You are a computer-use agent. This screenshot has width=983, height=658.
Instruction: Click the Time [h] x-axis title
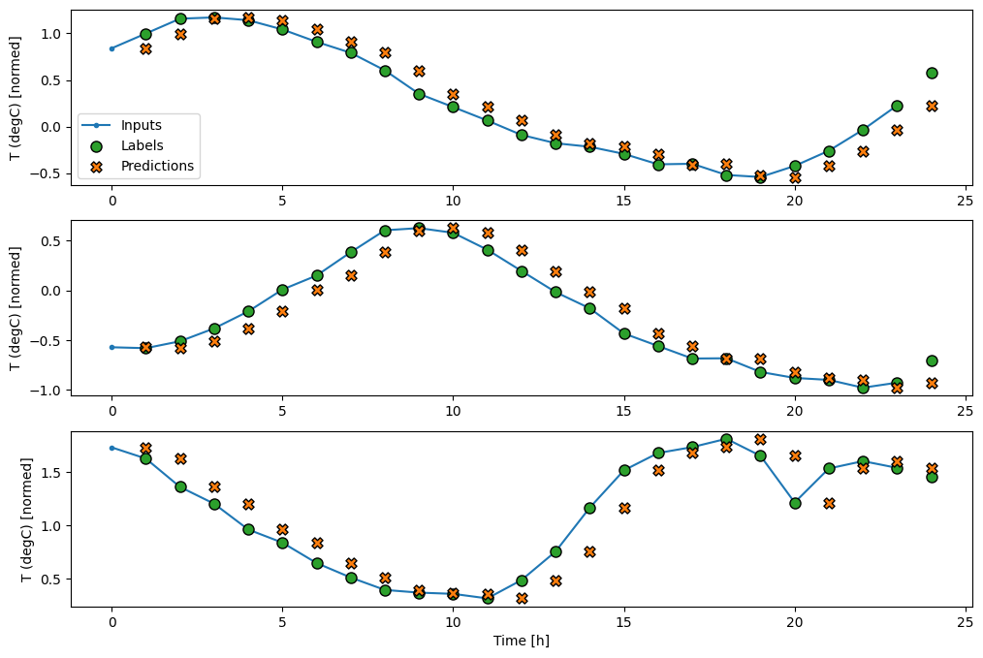coord(522,641)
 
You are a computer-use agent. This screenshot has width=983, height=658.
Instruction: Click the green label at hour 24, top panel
coord(932,73)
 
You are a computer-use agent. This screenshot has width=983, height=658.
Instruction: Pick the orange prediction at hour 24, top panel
coord(932,106)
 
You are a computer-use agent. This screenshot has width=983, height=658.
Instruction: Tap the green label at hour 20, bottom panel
coord(795,503)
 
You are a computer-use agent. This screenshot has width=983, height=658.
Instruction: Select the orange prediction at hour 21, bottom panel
coord(829,503)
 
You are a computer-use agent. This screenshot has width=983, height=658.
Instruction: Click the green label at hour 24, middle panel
coord(932,360)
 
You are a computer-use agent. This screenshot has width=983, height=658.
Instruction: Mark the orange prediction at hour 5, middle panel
coord(282,311)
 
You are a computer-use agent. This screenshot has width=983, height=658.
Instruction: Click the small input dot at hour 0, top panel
coord(111,47)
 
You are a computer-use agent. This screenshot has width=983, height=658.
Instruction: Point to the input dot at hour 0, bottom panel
coord(111,448)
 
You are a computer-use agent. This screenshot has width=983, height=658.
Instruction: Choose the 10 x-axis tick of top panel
coord(453,200)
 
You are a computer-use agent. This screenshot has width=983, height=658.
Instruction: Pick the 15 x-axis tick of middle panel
coord(623,411)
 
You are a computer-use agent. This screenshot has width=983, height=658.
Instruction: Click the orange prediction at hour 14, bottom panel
coord(589,551)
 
